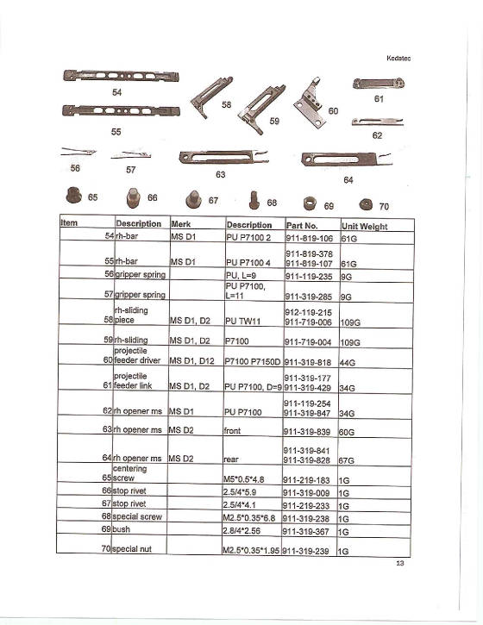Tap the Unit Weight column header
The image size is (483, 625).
pyautogui.click(x=364, y=226)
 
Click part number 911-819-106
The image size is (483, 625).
pyautogui.click(x=308, y=236)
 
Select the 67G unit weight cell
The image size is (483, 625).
pyautogui.click(x=349, y=461)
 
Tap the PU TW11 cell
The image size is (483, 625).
pyautogui.click(x=242, y=320)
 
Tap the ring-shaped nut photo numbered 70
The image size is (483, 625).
pyautogui.click(x=363, y=205)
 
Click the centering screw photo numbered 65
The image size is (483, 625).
pyautogui.click(x=72, y=194)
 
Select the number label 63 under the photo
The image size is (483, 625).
pyautogui.click(x=222, y=173)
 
